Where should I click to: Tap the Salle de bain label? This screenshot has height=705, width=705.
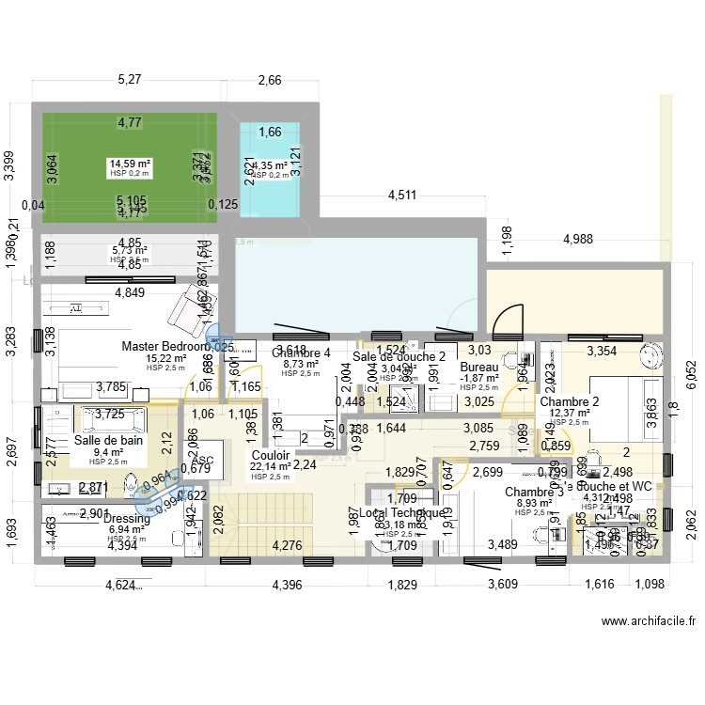108,440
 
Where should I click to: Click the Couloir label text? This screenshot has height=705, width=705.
270,455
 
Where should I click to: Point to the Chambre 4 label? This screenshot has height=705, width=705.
301,352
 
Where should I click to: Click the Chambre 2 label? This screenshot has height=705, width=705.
570,401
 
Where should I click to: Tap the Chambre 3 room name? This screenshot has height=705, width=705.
534,492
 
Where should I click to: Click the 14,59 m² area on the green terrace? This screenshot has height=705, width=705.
130,164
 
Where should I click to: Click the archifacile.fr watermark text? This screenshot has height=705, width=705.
648,621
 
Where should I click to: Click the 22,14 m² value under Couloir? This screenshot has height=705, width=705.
270,466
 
